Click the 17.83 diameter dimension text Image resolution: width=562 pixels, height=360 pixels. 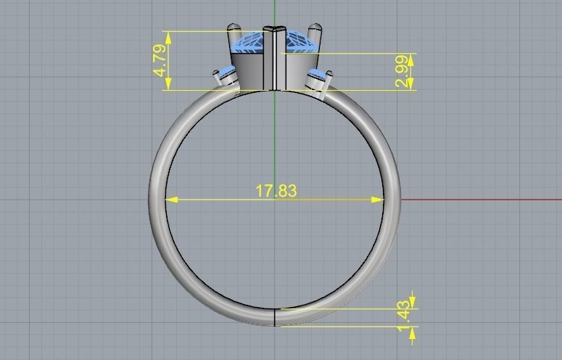coord(276,191)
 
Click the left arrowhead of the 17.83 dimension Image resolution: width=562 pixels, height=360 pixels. coord(171,199)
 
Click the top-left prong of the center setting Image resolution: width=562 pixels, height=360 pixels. coord(234,33)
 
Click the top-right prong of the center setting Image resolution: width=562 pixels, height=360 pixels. coord(315,33)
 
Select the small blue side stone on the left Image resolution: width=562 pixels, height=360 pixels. coord(227,74)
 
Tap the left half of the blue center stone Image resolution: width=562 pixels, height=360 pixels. coord(249,42)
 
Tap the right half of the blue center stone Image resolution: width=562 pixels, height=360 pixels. coord(299,42)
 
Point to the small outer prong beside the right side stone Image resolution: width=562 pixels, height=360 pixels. coord(330,78)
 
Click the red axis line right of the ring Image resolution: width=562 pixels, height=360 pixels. coord(479,199)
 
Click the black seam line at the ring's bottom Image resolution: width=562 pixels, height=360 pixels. coord(275,316)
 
